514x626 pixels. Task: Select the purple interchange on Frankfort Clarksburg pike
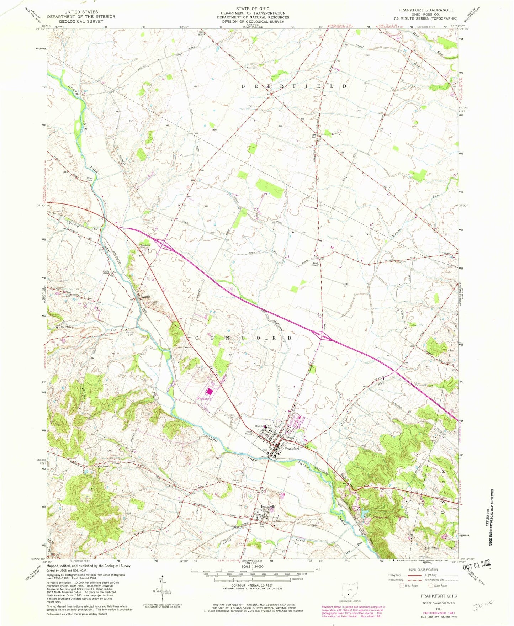tap(322, 335)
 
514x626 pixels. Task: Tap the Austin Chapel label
tap(106, 272)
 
